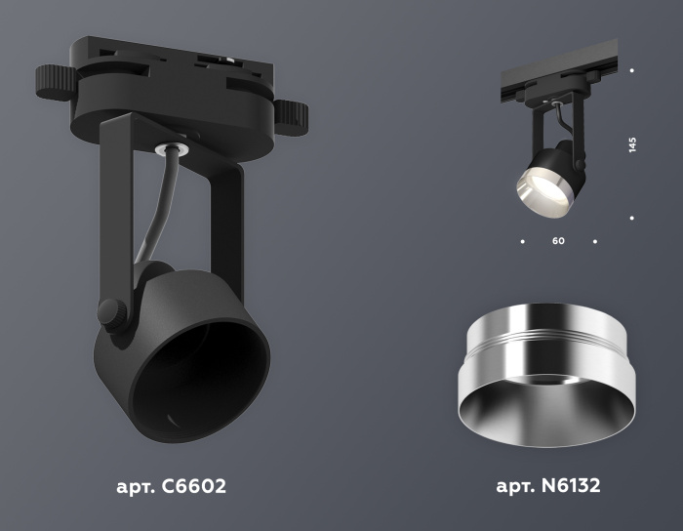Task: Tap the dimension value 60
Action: [558, 240]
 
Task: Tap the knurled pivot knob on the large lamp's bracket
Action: [112, 314]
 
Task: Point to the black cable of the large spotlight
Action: [154, 215]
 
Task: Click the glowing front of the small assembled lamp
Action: [536, 185]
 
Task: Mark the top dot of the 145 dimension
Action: [632, 70]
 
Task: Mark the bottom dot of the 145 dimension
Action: [632, 218]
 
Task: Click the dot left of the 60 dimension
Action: [522, 240]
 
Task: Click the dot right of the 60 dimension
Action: [595, 240]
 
